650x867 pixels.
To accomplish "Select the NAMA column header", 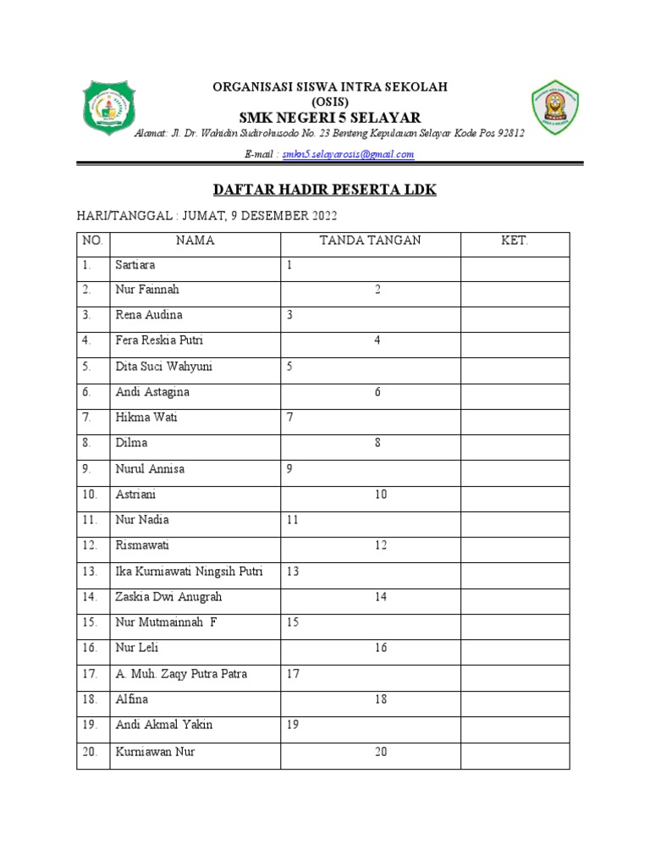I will click(195, 240).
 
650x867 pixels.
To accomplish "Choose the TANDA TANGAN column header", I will click(370, 240).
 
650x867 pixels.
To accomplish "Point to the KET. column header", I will click(515, 240).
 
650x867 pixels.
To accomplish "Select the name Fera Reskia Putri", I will click(158, 340).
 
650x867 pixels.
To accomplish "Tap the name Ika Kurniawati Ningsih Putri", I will click(189, 572).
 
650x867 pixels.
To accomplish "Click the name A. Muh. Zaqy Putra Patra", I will click(181, 674).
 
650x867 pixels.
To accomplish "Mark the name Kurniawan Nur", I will click(155, 751).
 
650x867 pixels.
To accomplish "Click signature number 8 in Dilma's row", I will click(377, 443).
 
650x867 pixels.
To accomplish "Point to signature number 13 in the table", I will click(293, 572).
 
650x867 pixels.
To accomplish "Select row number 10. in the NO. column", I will click(91, 494).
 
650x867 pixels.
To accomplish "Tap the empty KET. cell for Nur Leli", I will click(515, 649).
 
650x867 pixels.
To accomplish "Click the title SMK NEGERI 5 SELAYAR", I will click(329, 117).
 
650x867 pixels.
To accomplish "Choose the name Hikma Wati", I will click(146, 417).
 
